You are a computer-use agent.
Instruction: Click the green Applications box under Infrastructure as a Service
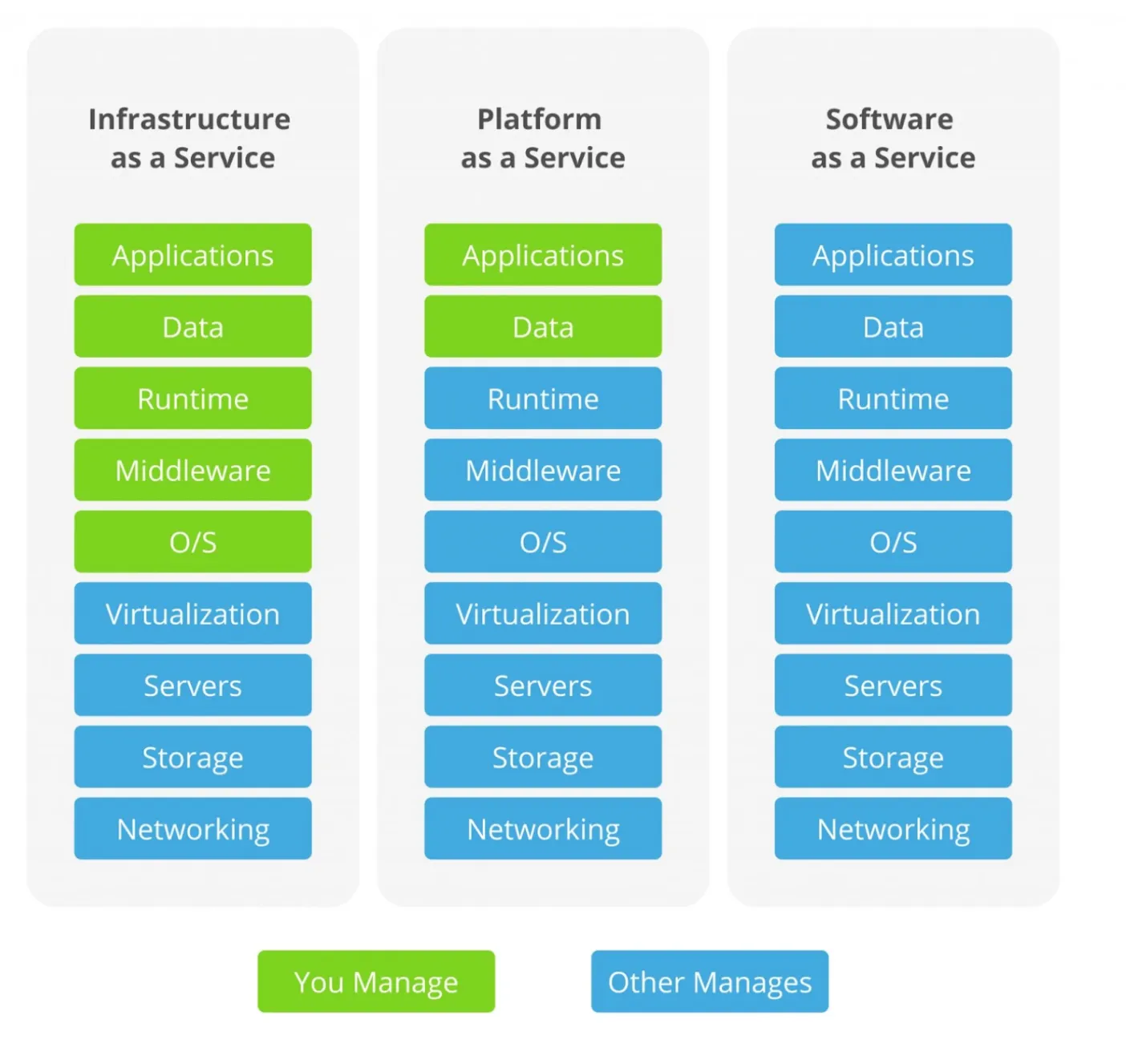click(x=192, y=255)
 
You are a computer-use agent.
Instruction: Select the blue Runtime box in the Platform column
click(x=543, y=399)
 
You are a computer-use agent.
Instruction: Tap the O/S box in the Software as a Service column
click(x=893, y=542)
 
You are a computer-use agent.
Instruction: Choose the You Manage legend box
click(x=376, y=981)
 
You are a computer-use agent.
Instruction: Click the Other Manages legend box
click(x=710, y=981)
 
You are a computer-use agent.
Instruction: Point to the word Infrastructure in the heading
click(x=189, y=119)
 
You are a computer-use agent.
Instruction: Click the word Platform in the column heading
click(x=540, y=119)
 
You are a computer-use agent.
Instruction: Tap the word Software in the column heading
click(x=889, y=119)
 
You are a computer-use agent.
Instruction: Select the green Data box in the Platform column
click(x=543, y=327)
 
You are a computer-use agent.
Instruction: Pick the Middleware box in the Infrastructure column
click(x=192, y=471)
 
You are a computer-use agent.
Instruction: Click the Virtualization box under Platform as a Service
click(x=543, y=614)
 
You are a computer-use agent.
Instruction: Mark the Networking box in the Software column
click(x=893, y=829)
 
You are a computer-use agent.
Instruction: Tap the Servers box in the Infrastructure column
click(x=192, y=686)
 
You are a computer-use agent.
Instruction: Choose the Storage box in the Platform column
click(x=543, y=758)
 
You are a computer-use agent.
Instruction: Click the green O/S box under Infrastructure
click(x=192, y=542)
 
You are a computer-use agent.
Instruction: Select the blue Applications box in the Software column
click(x=893, y=255)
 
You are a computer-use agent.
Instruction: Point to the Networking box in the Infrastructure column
click(x=192, y=829)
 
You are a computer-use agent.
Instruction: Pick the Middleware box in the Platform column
click(x=543, y=471)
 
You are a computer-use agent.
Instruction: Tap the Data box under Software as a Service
click(x=893, y=327)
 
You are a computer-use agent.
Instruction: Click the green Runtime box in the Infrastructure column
click(x=192, y=399)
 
